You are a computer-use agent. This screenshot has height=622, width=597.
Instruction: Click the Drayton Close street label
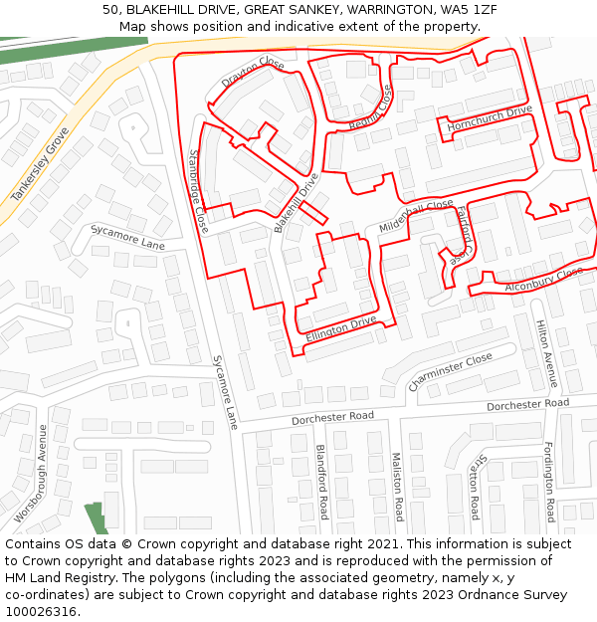coord(253,73)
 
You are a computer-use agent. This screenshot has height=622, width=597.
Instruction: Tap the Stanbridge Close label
coord(198,191)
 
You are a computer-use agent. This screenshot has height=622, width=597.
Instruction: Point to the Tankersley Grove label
coord(40,165)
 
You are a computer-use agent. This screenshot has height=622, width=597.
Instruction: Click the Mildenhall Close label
coord(416,216)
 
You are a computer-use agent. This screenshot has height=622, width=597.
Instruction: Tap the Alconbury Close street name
coord(543,279)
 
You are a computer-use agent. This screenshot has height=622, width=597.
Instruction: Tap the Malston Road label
coord(395,487)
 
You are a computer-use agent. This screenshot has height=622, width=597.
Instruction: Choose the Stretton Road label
coord(475,487)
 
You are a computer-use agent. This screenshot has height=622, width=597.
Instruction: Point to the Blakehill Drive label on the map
coord(297,203)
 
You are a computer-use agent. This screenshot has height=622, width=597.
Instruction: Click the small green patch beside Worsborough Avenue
coord(97,518)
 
